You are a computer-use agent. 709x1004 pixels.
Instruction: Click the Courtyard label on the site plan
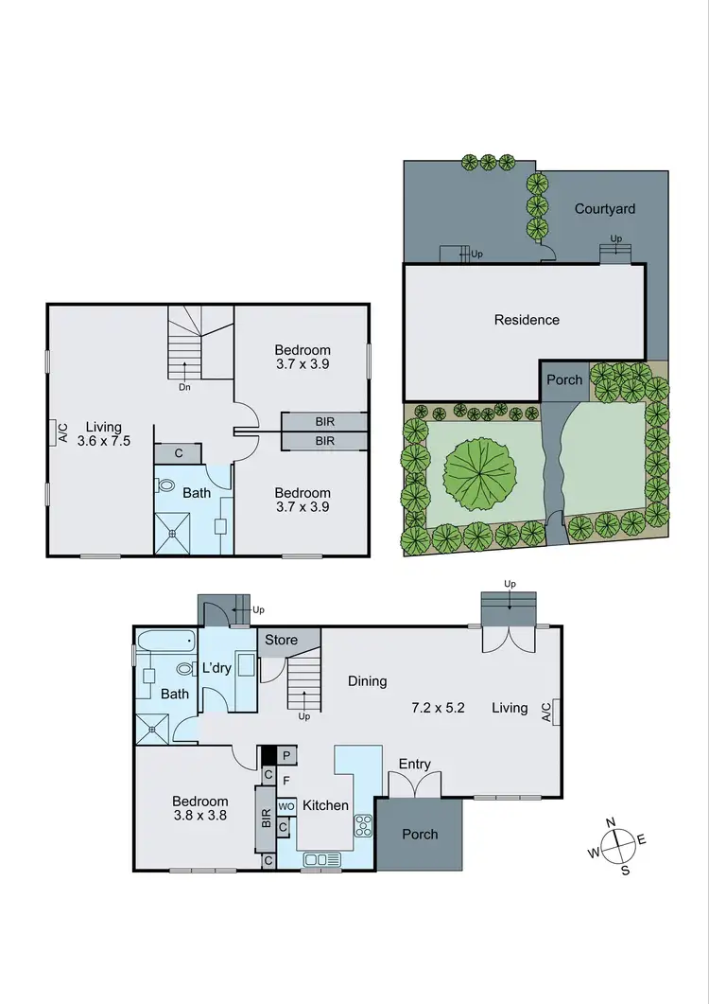point(605,209)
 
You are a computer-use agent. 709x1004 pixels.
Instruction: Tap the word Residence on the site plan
point(527,320)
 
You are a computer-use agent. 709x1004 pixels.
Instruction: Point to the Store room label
point(281,641)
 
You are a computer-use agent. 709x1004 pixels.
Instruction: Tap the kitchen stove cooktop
point(363,826)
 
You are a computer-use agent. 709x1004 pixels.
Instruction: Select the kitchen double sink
point(321,859)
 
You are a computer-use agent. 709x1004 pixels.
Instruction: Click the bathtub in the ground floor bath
point(166,643)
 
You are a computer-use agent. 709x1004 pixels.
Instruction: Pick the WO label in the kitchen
point(285,806)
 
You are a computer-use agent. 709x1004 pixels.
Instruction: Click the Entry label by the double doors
point(415,765)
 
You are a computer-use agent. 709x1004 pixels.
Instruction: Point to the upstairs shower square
point(173,533)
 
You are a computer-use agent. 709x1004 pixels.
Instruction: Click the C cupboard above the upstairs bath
point(178,454)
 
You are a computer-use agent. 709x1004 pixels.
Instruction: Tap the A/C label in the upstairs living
point(62,432)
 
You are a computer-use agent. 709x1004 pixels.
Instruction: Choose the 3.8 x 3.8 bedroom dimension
point(199,815)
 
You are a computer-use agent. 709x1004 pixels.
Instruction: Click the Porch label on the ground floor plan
point(420,834)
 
